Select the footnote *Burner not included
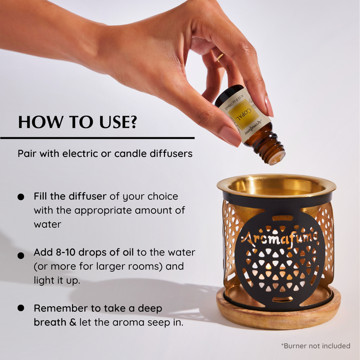[315, 346]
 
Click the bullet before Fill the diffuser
[21, 197]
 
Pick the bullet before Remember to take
[21, 308]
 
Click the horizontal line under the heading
[97, 138]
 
